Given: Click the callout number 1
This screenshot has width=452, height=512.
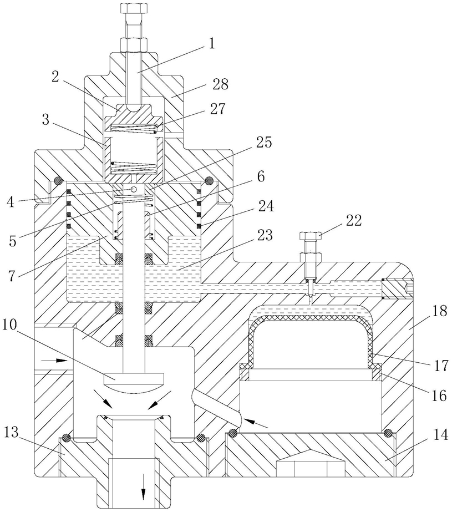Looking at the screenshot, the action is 212,43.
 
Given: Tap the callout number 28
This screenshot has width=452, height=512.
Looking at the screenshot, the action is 221,84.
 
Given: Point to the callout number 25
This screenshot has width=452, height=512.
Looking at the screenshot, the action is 264,143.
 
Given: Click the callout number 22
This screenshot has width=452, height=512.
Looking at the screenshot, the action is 354,220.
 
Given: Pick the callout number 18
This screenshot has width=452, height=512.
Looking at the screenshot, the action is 440,311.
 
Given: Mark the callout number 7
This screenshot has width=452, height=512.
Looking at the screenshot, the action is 12,276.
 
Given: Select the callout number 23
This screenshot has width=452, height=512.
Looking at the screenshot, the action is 265,235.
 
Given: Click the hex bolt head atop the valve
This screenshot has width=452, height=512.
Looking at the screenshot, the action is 134,8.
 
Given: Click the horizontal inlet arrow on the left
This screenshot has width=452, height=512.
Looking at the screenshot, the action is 54,361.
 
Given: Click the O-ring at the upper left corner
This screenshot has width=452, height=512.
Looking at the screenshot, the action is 58,181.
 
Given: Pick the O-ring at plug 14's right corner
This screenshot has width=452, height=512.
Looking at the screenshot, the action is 388,433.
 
